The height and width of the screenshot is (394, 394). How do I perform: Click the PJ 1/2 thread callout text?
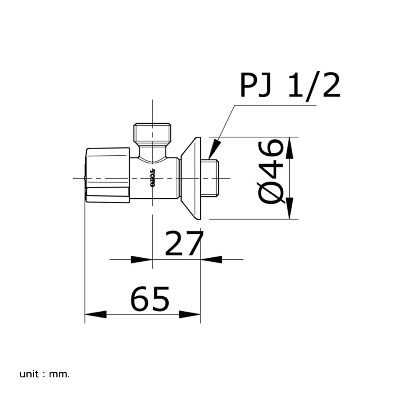pyautogui.click(x=290, y=85)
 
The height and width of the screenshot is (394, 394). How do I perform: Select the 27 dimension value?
pyautogui.click(x=184, y=243)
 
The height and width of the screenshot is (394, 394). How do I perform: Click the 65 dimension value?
pyautogui.click(x=150, y=298)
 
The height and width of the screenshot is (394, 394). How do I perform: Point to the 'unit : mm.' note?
pyautogui.click(x=44, y=374)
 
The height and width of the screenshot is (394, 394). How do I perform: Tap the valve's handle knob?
pyautogui.click(x=108, y=175)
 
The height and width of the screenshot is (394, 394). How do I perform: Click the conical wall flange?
pyautogui.click(x=191, y=178)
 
